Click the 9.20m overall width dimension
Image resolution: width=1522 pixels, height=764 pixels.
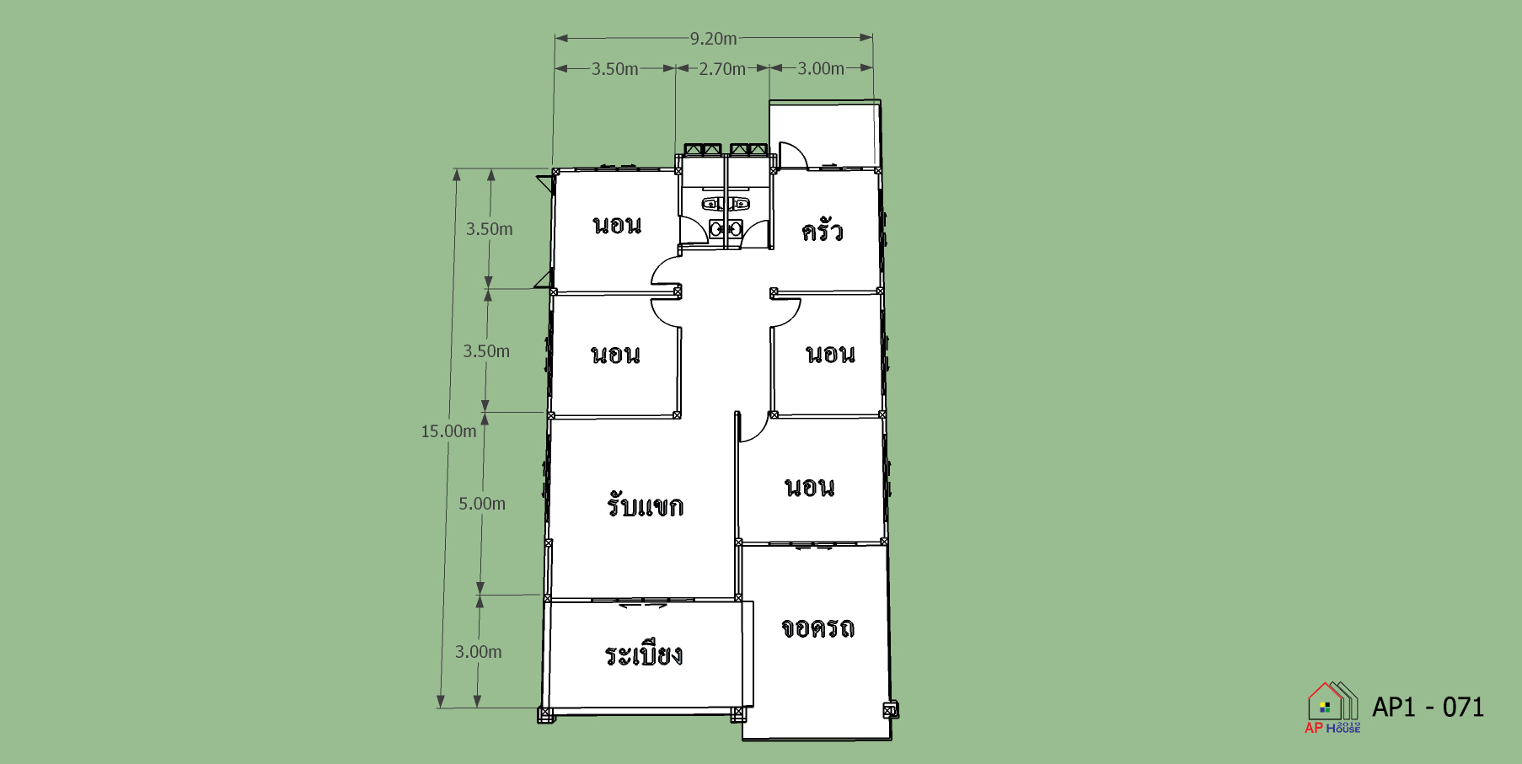point(713,38)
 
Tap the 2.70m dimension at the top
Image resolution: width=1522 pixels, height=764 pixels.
point(722,69)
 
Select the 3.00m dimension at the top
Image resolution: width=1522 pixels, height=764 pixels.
point(821,68)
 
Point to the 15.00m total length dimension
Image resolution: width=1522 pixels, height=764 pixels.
point(448,431)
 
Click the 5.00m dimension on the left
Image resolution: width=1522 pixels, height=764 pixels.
point(482,504)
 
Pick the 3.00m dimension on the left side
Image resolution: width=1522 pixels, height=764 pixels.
point(479,652)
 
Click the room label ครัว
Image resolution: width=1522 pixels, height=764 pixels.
point(822,229)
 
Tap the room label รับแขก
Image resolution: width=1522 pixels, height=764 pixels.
point(645,505)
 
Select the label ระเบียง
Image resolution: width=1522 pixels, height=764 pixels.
point(644,654)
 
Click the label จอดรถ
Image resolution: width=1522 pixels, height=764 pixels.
point(817,628)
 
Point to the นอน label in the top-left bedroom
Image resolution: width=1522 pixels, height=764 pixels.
point(617,225)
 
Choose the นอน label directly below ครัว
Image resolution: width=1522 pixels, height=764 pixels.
point(830,354)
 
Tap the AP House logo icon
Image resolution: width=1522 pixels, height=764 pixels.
point(1332,707)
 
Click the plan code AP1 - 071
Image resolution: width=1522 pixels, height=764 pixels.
point(1428,707)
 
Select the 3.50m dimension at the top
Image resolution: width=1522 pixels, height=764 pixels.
point(614,69)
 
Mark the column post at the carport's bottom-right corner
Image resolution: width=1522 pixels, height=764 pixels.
point(890,711)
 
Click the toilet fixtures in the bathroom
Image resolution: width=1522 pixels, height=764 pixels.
point(726,216)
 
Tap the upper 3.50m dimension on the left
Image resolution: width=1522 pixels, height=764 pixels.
point(490,229)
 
